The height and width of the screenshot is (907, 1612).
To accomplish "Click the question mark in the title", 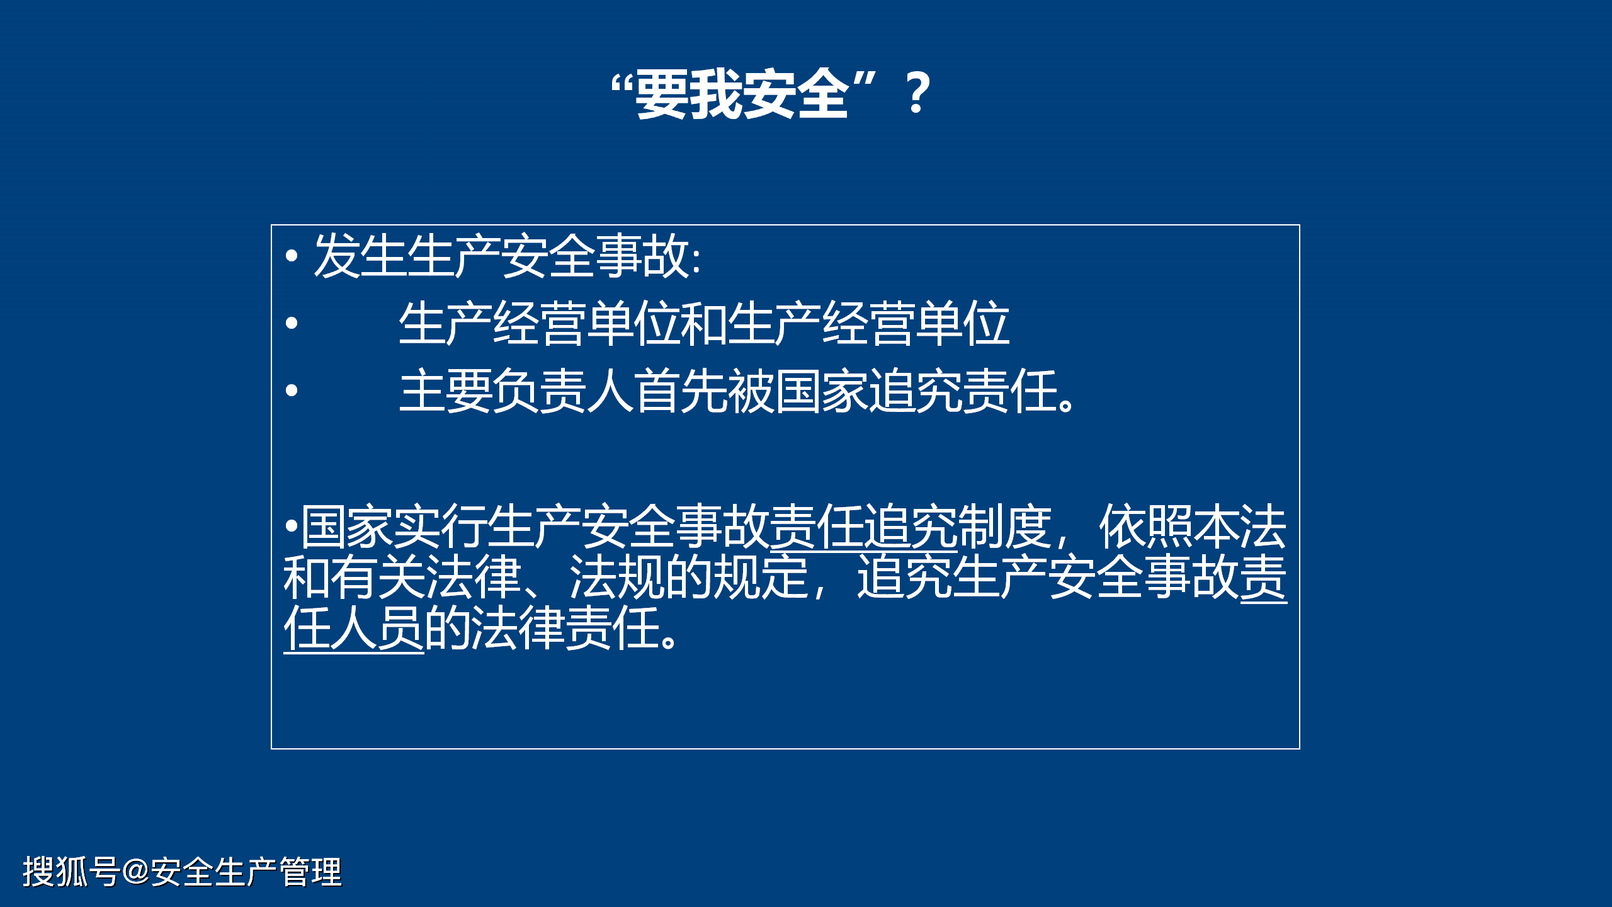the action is point(917,93).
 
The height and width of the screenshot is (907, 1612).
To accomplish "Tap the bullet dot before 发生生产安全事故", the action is point(291,256).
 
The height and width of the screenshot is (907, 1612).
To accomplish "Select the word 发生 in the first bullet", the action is point(360,256).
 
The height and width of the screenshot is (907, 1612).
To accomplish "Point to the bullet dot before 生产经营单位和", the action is point(291,323).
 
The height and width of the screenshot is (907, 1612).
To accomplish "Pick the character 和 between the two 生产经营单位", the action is point(705,324).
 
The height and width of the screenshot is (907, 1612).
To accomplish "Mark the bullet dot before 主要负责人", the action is point(291,391).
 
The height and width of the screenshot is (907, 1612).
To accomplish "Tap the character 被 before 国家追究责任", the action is point(751,391).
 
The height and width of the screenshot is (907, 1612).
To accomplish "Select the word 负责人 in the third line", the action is point(564,391).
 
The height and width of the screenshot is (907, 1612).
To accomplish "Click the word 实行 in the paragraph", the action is point(441,527).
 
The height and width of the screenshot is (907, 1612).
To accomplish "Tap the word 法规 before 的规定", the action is point(616,578).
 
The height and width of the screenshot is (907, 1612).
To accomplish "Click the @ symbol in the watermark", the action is point(136,872).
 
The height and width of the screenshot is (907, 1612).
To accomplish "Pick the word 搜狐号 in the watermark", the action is point(71,872).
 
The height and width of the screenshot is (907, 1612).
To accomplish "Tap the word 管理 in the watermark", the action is point(310,872).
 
